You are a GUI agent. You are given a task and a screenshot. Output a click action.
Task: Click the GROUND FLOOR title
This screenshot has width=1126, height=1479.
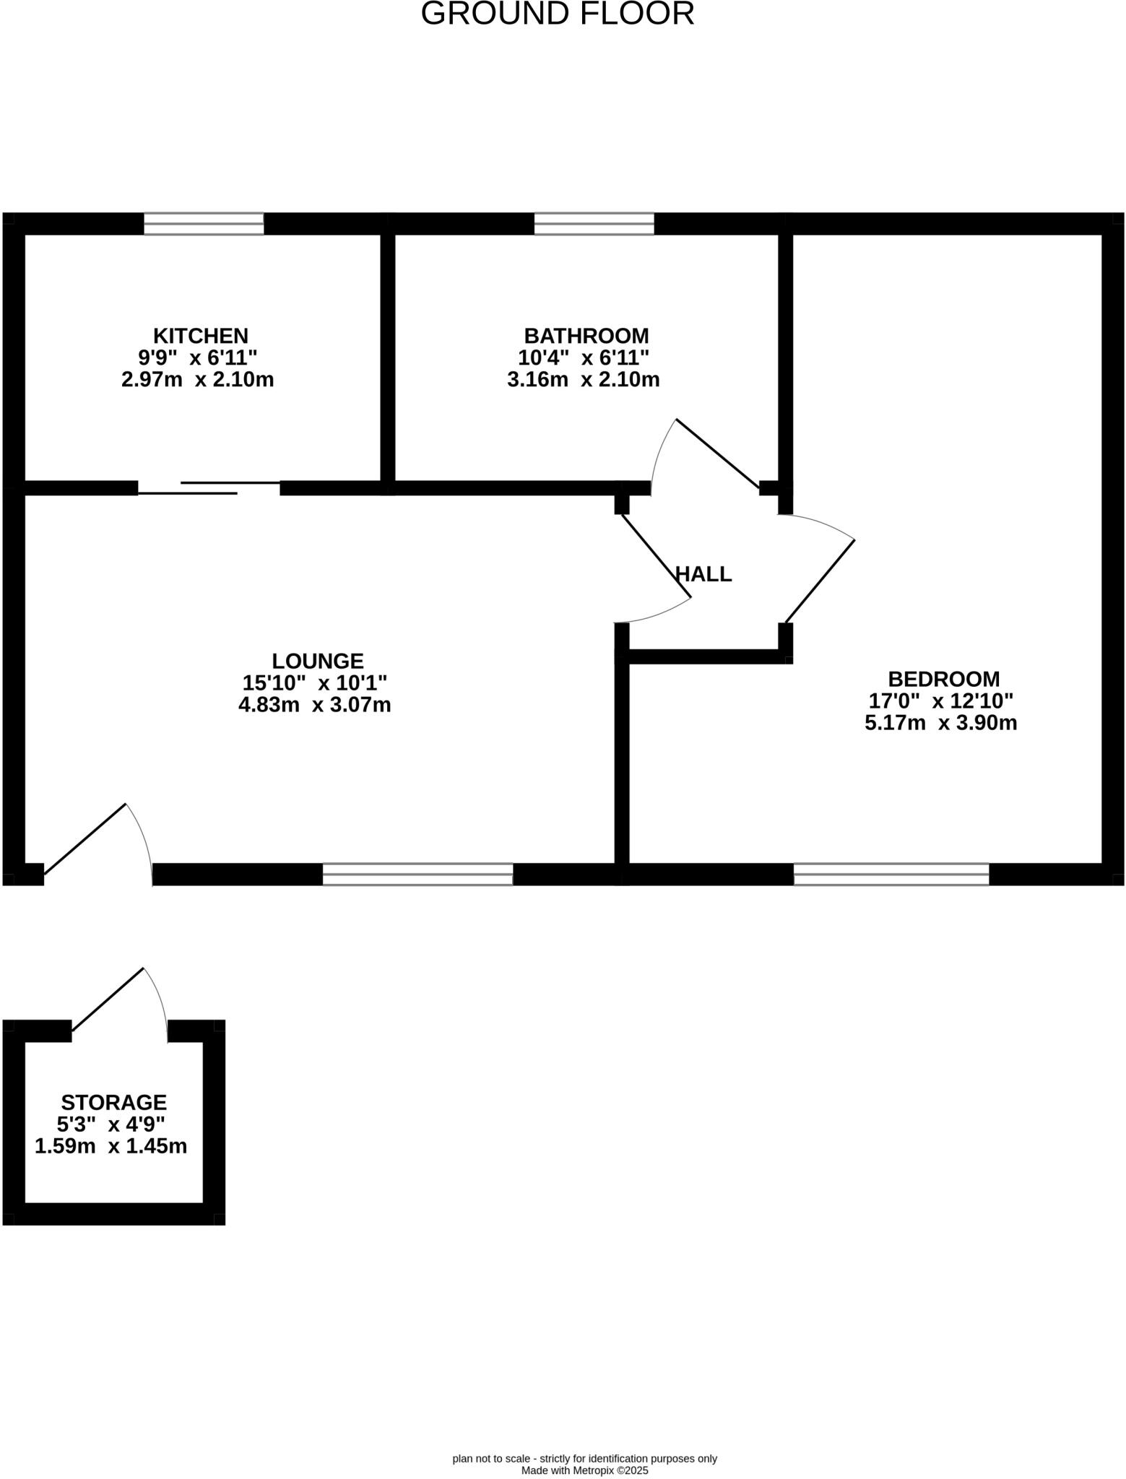click(x=557, y=14)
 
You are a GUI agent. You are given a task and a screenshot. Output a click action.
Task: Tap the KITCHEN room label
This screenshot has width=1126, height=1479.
click(x=200, y=336)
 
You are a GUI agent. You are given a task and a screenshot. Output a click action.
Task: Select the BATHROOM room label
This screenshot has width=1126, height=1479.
click(x=586, y=336)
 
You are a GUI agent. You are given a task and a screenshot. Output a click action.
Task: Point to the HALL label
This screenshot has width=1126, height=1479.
click(x=703, y=574)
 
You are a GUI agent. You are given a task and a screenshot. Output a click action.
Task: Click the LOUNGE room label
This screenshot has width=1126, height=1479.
click(x=317, y=661)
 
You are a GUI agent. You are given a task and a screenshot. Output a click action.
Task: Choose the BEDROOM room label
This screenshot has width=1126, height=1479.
click(x=943, y=679)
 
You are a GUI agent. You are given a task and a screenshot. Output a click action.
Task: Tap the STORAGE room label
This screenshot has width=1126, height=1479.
click(x=113, y=1103)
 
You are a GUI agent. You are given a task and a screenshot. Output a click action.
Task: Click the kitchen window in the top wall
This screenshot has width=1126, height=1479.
click(x=204, y=224)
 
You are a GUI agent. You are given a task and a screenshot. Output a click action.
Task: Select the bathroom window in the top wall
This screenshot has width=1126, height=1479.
click(x=594, y=224)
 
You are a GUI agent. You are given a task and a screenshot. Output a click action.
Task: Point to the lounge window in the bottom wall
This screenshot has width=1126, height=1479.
click(x=417, y=874)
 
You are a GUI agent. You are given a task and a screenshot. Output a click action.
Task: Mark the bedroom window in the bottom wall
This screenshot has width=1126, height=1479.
click(x=891, y=874)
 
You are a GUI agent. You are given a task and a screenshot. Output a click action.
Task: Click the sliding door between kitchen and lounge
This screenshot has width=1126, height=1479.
click(x=209, y=487)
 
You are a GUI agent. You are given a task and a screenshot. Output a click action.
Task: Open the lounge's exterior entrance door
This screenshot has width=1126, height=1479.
click(x=85, y=839)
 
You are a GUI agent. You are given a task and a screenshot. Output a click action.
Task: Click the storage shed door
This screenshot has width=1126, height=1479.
click(x=108, y=999)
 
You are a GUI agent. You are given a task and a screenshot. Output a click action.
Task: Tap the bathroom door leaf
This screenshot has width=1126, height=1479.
click(x=716, y=453)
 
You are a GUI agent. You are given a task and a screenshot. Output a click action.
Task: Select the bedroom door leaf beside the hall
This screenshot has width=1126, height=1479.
click(x=820, y=581)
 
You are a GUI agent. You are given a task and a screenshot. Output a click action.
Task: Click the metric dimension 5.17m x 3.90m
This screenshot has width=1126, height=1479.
click(x=940, y=723)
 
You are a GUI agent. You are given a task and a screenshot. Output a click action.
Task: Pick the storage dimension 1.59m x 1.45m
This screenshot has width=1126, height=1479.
click(x=111, y=1146)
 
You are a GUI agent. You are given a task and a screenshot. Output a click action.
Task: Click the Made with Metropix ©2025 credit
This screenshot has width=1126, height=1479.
click(x=584, y=1470)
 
